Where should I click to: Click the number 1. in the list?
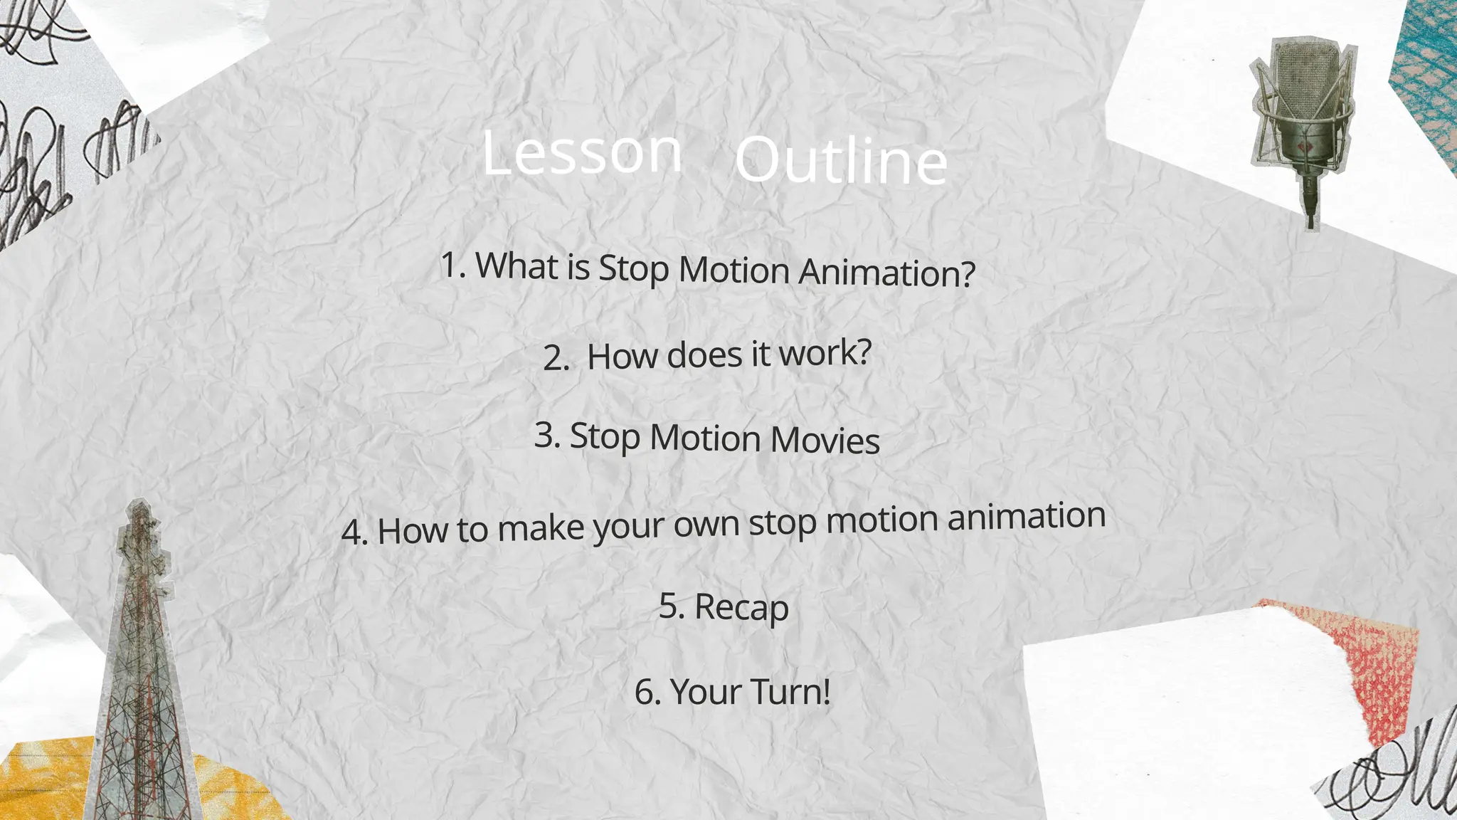453,265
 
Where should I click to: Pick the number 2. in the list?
556,358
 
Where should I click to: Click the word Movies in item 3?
825,440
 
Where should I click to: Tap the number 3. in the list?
547,434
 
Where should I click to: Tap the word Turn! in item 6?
790,692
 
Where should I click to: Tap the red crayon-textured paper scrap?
1366,676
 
